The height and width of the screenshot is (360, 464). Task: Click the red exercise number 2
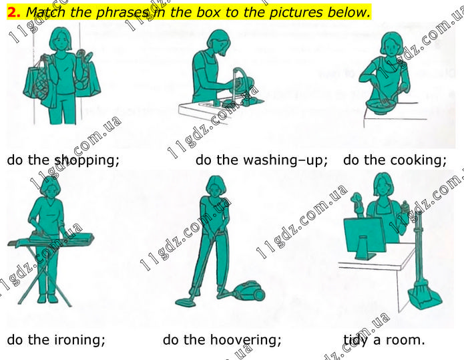click(13, 13)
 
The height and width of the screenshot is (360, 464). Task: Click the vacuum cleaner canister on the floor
click(249, 291)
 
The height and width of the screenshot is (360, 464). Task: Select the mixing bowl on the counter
click(381, 107)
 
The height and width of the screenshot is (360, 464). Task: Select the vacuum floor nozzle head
click(185, 302)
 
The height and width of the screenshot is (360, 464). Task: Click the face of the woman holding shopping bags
click(61, 42)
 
